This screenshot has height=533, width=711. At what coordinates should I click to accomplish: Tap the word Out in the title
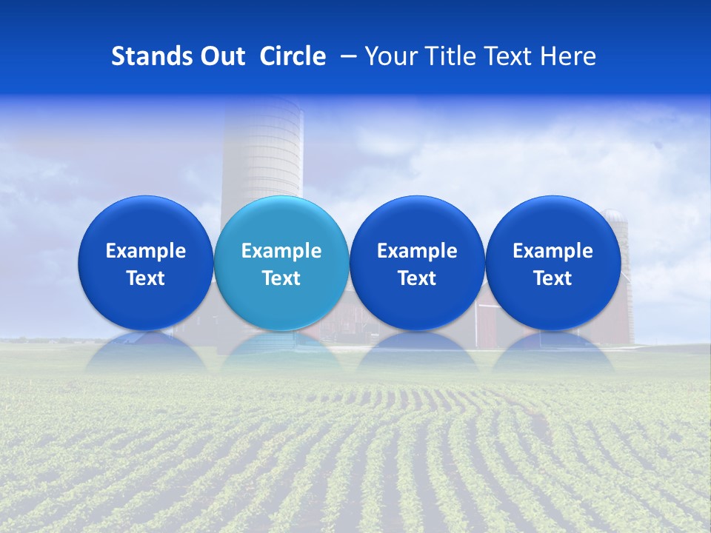click(x=221, y=56)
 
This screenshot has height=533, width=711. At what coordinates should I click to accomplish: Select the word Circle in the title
click(x=293, y=56)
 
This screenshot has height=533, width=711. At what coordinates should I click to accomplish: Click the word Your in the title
click(x=390, y=56)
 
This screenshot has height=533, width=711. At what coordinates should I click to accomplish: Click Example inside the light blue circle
click(x=281, y=251)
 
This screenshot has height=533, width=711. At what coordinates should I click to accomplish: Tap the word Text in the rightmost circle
click(x=553, y=278)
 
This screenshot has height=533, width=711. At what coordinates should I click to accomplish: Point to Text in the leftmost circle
click(x=145, y=278)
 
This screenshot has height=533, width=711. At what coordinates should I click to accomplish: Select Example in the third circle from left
click(x=417, y=251)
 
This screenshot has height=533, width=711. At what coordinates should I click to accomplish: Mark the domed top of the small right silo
click(x=613, y=215)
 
